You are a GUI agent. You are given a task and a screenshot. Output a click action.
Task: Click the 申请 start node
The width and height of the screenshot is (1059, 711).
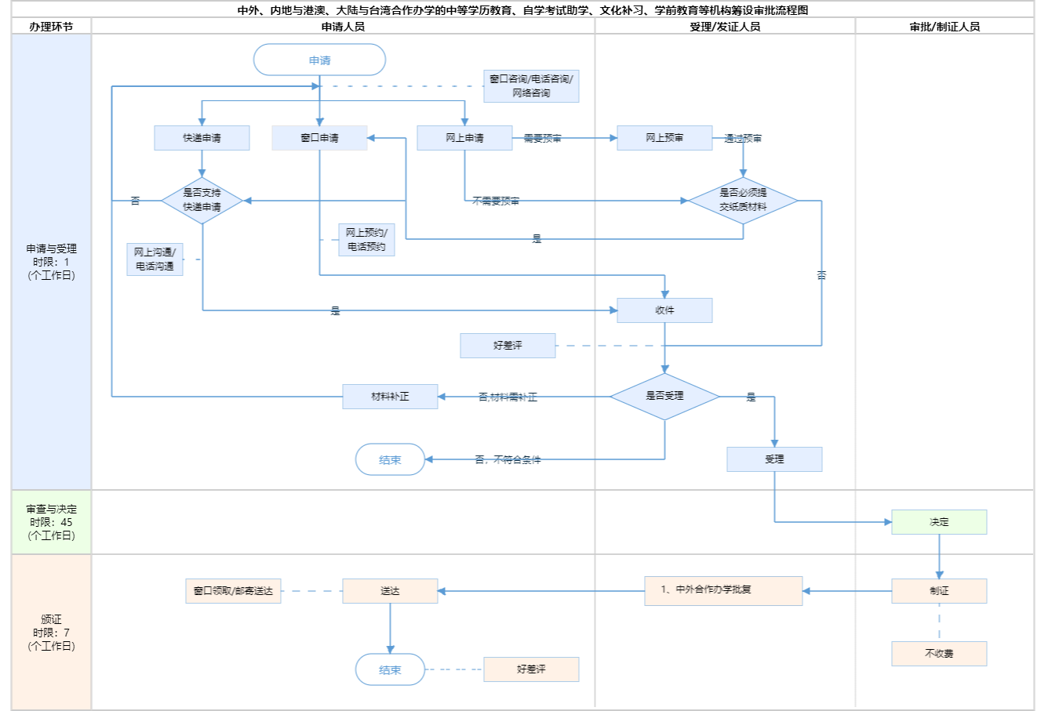coord(319,60)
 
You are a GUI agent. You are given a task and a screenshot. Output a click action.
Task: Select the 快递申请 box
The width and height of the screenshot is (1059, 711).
coord(202,138)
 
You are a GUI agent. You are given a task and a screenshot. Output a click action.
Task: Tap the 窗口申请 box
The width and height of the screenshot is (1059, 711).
coord(319,138)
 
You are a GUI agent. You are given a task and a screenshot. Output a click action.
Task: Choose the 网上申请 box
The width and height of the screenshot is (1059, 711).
coord(464,138)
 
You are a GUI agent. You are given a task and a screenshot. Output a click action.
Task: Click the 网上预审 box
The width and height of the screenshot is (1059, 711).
coord(664,138)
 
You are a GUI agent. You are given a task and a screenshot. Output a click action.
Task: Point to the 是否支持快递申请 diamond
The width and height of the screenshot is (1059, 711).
coord(202,200)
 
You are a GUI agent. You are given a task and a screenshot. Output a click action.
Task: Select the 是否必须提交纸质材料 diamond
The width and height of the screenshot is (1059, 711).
coord(743,200)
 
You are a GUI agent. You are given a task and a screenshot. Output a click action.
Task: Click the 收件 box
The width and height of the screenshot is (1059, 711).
coord(664,310)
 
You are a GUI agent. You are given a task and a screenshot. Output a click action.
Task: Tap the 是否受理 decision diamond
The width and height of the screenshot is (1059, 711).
coord(664,396)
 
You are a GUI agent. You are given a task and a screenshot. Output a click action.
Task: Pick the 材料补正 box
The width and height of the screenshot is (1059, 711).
coord(390,397)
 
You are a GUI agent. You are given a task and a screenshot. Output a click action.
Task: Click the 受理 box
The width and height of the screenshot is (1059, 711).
coord(774,459)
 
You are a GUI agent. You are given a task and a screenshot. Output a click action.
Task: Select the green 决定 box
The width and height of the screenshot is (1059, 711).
coord(939,522)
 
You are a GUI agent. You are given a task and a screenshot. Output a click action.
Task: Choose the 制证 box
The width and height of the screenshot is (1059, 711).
coord(939,591)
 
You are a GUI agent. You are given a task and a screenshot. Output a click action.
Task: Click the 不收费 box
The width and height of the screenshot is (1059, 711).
coord(939,654)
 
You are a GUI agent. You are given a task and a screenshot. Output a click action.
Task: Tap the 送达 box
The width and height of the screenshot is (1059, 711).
coord(390,591)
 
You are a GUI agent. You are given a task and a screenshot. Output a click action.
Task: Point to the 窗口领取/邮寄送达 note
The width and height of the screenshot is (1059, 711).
coord(233,591)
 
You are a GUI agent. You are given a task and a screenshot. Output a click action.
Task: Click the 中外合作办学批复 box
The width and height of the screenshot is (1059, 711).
coord(723,590)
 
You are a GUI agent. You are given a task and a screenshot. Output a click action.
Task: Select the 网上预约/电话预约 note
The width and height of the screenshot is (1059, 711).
coord(366,240)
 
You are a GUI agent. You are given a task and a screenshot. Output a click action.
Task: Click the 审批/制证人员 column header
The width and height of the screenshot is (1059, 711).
coord(944,27)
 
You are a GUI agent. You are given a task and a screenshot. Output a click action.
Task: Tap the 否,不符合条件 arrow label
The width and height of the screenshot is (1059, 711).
coord(508,460)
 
